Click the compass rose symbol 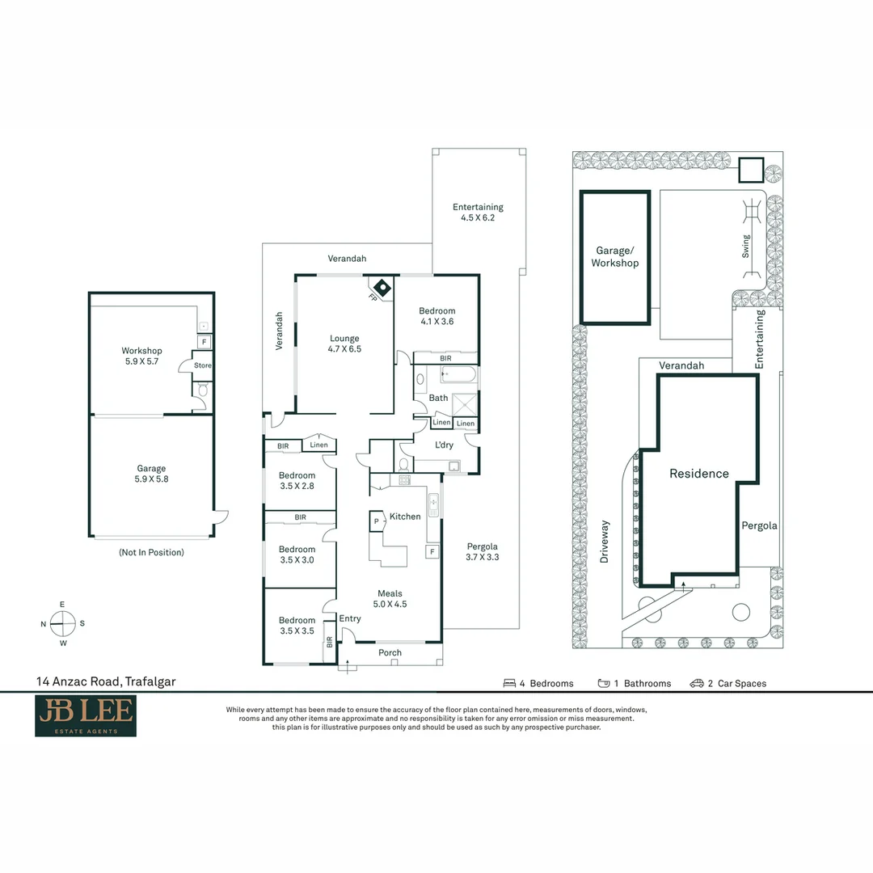pos(62,623)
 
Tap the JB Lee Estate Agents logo pos(85,716)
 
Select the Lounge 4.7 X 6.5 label pos(344,344)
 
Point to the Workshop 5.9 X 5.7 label pos(141,356)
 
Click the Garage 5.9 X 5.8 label pos(151,474)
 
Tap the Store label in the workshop pos(203,365)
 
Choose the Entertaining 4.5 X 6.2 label pos(478,213)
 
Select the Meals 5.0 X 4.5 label pos(390,598)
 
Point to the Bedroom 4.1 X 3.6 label pos(436,316)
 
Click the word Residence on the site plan pos(699,474)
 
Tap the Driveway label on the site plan pos(605,542)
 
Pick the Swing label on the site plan pos(745,246)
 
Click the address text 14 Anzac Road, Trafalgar pos(106,681)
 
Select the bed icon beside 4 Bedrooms pos(510,683)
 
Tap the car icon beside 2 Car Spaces pos(697,683)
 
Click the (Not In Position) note pos(151,552)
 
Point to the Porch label pos(390,653)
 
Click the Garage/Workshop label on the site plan pos(615,257)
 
